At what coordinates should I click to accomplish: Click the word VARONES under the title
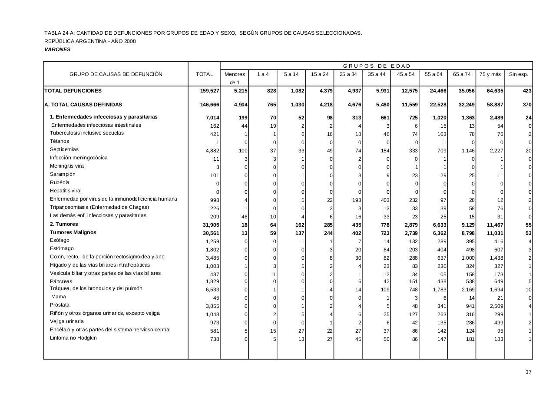click(x=57, y=50)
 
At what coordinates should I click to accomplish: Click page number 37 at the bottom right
click(x=528, y=372)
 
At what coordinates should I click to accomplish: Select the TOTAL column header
click(x=204, y=74)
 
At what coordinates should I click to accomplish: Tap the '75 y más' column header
click(x=490, y=74)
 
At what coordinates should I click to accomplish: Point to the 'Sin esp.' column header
click(x=518, y=74)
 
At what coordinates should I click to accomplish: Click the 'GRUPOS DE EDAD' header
click(x=377, y=66)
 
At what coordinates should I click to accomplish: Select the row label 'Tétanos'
click(x=60, y=142)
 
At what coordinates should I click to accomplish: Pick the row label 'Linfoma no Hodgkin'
click(x=73, y=338)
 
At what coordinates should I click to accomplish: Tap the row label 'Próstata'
click(x=60, y=305)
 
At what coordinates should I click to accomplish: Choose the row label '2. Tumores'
click(x=64, y=224)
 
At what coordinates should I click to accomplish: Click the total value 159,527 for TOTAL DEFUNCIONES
click(x=209, y=91)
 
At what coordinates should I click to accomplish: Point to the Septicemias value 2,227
click(x=495, y=151)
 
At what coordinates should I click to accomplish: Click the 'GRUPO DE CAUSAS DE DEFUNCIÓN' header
click(x=116, y=74)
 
